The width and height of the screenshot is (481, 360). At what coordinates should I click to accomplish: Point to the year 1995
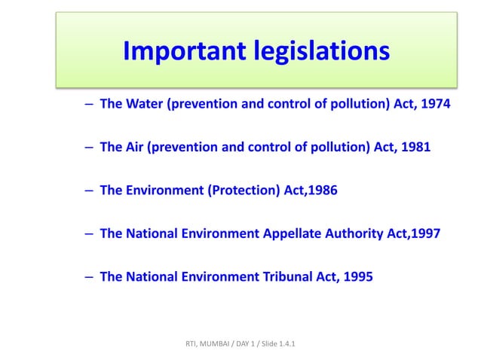click(x=357, y=276)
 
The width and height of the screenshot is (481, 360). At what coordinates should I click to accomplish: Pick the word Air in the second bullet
click(x=135, y=147)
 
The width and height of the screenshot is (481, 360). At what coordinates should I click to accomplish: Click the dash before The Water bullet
click(x=88, y=104)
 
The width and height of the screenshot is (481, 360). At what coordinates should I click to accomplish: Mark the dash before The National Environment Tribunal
click(x=88, y=276)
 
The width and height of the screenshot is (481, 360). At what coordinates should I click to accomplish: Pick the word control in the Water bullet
click(x=291, y=104)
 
